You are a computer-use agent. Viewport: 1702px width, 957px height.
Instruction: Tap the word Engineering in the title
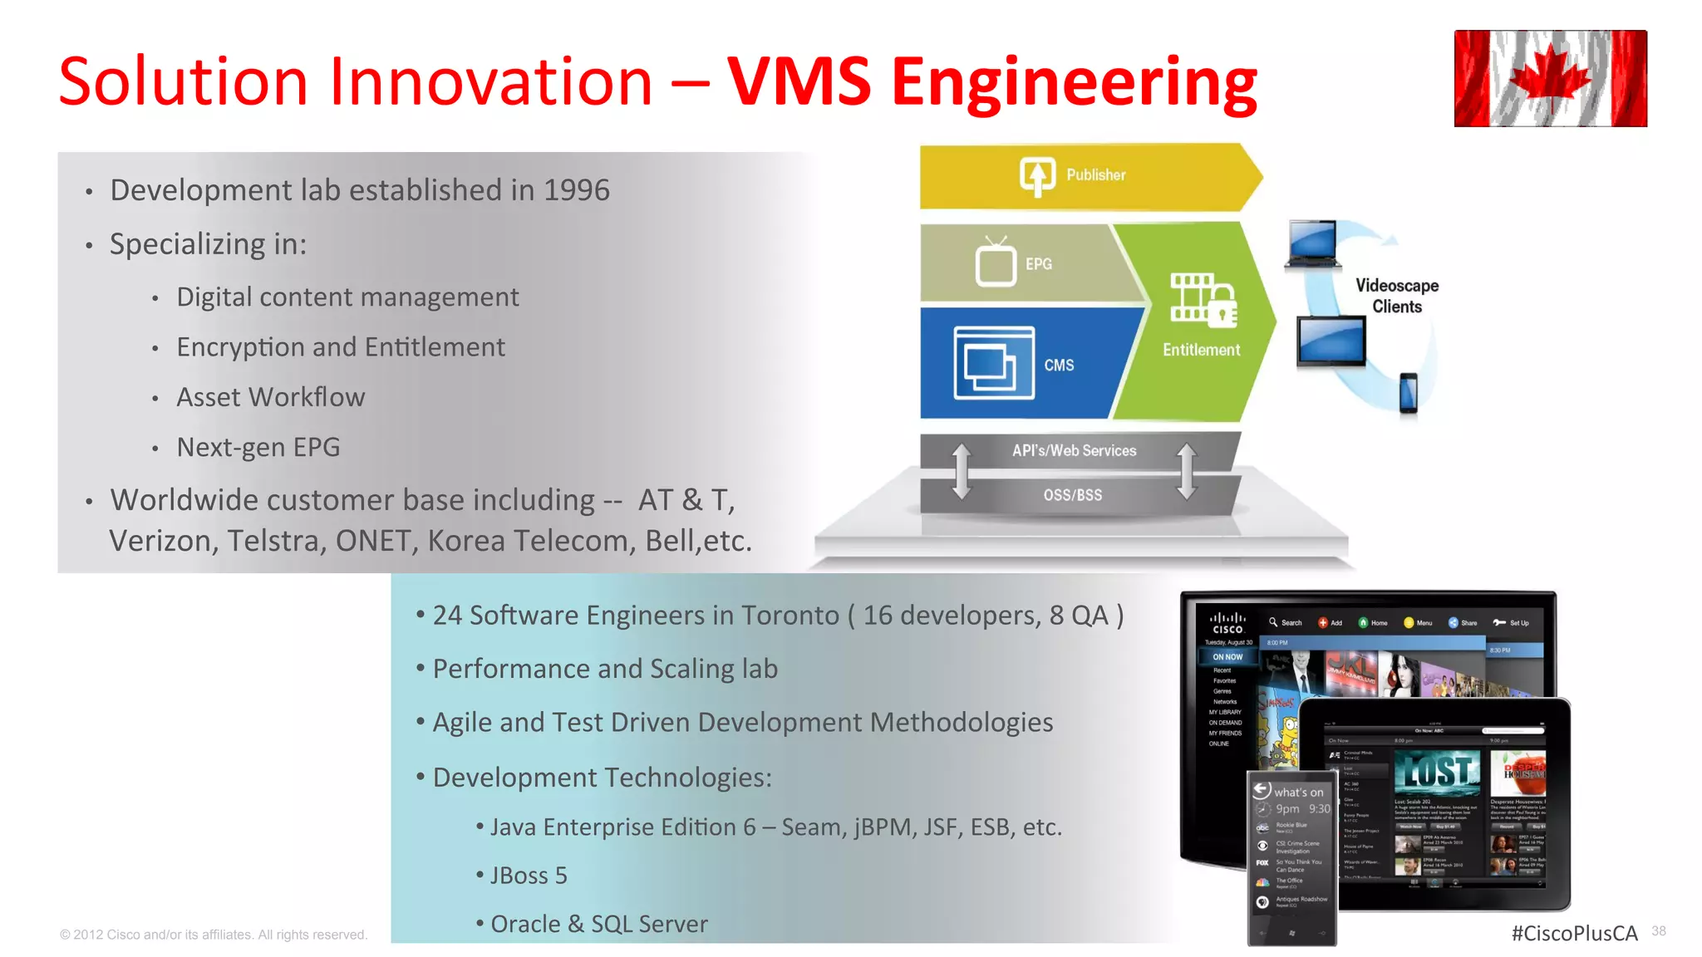coord(1074,83)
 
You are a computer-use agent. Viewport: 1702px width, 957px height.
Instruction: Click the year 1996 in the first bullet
coord(576,190)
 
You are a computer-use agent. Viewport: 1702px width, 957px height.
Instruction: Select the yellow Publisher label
coord(1095,175)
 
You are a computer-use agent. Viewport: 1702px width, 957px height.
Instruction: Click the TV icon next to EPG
coord(996,263)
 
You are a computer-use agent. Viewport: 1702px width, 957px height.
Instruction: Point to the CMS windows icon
coord(993,363)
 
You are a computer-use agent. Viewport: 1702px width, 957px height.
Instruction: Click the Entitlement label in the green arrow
coord(1201,350)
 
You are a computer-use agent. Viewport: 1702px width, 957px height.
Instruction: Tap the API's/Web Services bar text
coord(1074,451)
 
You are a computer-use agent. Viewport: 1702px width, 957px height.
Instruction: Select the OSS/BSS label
coord(1072,495)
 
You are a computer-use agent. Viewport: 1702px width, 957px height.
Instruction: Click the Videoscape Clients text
coord(1397,296)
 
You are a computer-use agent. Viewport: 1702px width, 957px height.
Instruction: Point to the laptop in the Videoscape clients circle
coord(1313,244)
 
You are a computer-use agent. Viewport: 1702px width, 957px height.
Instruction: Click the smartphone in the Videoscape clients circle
coord(1408,393)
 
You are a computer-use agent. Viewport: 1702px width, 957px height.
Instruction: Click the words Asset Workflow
coord(270,397)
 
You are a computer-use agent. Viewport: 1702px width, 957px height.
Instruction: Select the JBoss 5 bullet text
coord(529,876)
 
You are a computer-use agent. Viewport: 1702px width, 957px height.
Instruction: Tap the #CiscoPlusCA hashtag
coord(1574,933)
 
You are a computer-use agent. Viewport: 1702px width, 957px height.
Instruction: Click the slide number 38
coord(1659,931)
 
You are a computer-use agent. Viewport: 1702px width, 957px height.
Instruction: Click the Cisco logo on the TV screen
coord(1227,623)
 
